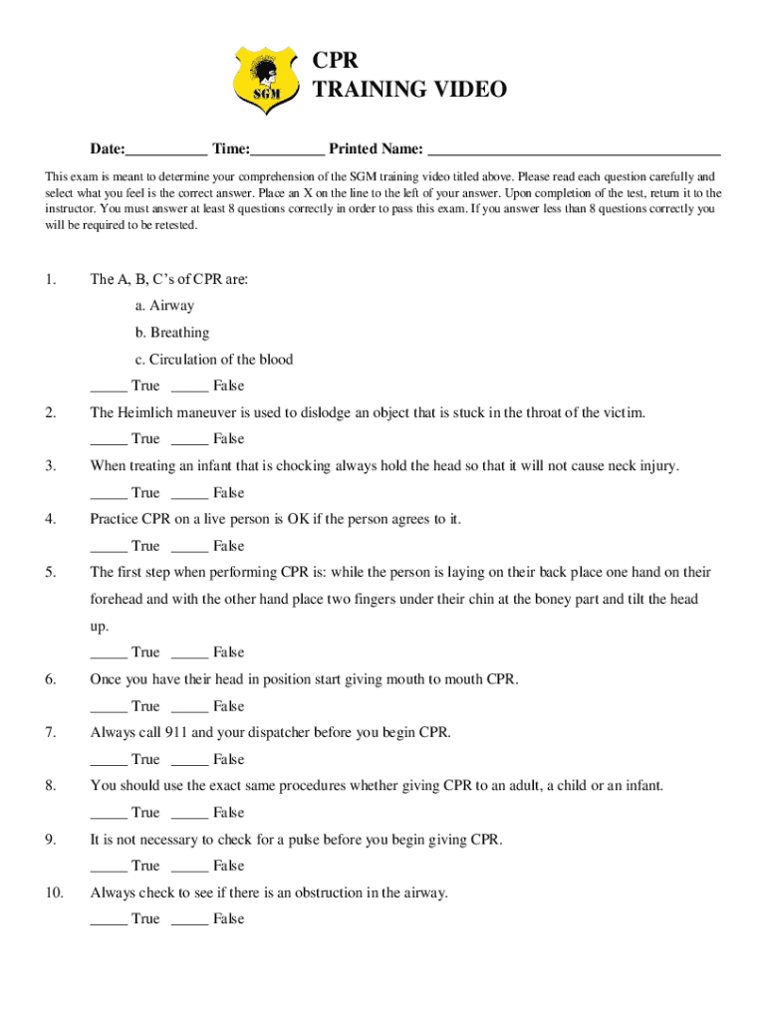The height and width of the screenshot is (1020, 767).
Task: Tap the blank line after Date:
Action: coord(166,150)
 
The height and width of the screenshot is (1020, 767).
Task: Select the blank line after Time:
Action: coord(287,150)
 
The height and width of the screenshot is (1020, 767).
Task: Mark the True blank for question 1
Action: coord(109,386)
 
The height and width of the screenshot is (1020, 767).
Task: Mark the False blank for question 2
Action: coord(189,439)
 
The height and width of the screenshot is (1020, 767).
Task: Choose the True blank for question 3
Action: coord(109,493)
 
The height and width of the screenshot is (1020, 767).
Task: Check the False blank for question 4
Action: coord(189,546)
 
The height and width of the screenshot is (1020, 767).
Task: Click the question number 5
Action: coord(51,572)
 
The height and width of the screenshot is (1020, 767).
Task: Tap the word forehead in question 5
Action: coord(117,599)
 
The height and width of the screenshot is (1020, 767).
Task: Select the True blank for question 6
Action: coord(109,706)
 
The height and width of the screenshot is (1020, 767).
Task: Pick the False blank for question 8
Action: coord(189,813)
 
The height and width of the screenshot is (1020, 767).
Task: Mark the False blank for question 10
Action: coord(189,919)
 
